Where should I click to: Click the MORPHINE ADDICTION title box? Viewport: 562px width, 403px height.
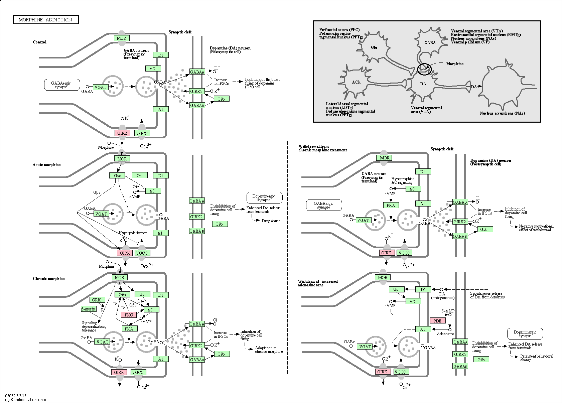[x=45, y=20]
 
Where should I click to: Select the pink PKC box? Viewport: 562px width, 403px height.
[x=129, y=315]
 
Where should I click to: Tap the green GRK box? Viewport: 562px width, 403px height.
[x=96, y=300]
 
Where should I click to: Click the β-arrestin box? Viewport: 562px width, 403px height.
[x=89, y=309]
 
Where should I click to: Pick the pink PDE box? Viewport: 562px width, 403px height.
[x=437, y=321]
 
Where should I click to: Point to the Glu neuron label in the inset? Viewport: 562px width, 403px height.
[x=374, y=47]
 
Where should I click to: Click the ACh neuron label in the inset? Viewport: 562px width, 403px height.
[x=356, y=82]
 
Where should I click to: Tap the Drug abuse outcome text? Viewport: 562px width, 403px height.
[x=271, y=221]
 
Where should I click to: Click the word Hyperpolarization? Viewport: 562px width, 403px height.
[x=133, y=233]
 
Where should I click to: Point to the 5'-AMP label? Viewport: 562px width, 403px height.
[x=448, y=311]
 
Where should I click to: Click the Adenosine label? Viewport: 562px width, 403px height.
[x=445, y=334]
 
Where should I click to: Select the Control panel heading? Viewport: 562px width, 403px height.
[x=39, y=42]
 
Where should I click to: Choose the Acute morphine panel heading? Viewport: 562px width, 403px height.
[x=47, y=165]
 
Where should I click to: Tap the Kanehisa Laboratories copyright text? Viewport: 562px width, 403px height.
[x=25, y=400]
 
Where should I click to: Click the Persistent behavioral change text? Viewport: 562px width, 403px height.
[x=537, y=358]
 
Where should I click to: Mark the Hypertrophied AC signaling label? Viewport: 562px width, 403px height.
[x=402, y=181]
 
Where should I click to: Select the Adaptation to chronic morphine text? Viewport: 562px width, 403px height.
[x=269, y=350]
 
